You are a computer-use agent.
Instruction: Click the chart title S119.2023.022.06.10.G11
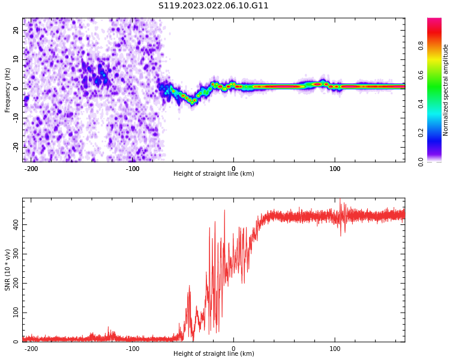[x=214, y=6]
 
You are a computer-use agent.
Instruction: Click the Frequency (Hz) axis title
[x=8, y=90]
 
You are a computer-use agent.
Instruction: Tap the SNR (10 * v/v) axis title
[x=8, y=269]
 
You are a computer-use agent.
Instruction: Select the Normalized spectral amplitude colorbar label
[x=446, y=90]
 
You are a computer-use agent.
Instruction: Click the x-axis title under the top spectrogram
[x=214, y=174]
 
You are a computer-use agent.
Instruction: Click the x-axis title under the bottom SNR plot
[x=214, y=354]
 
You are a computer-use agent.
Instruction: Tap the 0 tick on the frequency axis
[x=17, y=88]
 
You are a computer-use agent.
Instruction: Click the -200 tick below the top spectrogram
[x=31, y=169]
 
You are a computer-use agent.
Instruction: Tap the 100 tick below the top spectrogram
[x=335, y=169]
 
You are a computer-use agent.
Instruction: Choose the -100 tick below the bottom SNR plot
[x=133, y=349]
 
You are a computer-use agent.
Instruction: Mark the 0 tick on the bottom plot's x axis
[x=234, y=349]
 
